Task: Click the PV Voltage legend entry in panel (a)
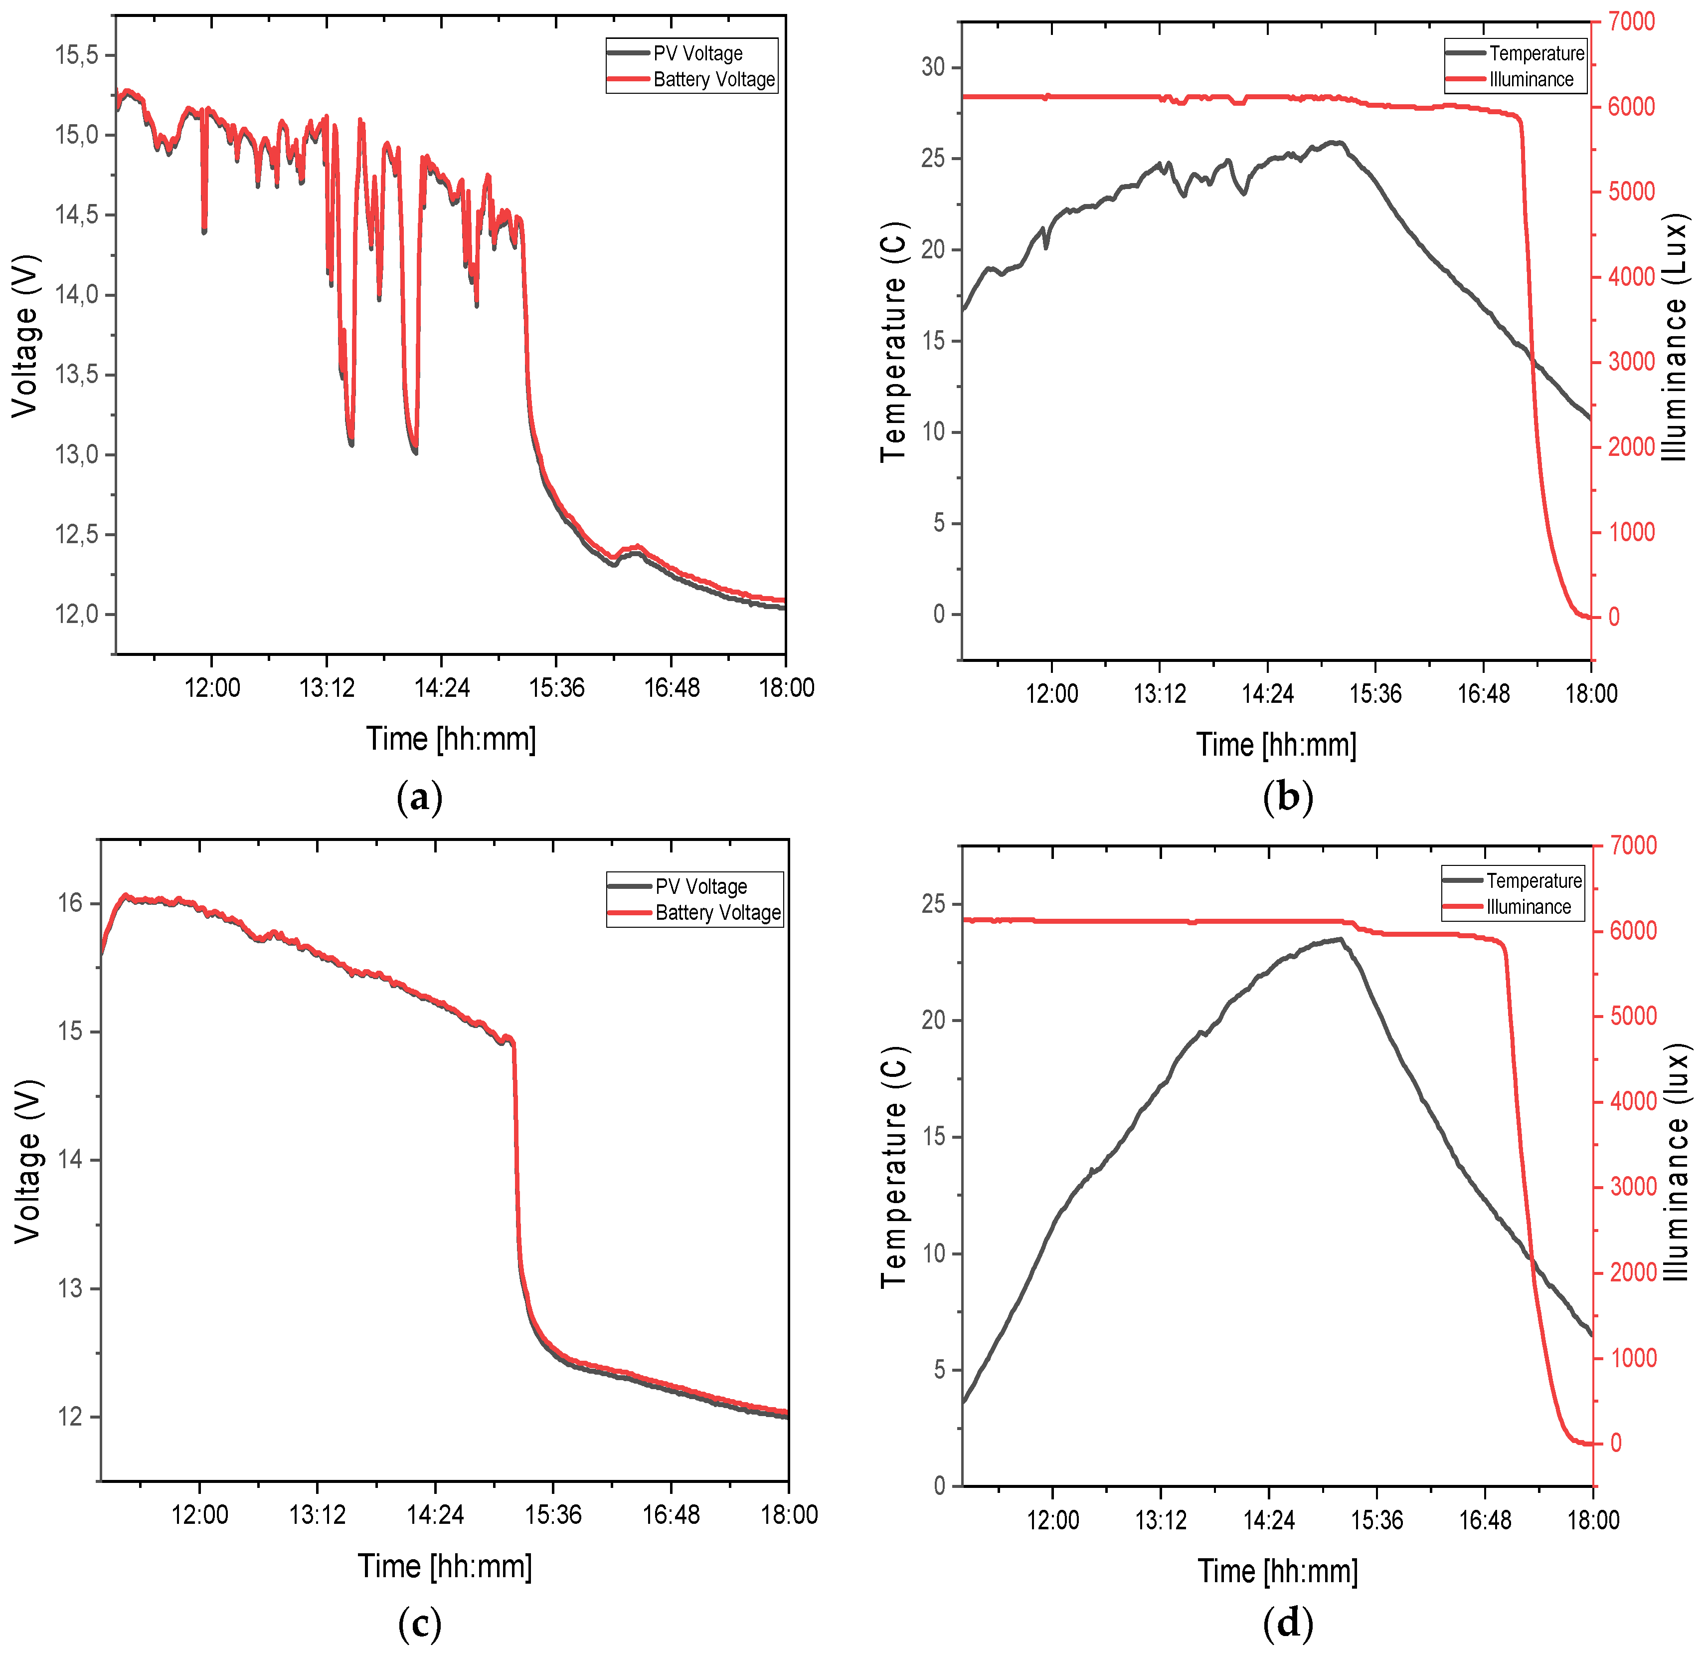point(696,53)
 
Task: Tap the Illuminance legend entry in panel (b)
point(1530,79)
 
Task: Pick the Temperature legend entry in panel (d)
point(1533,880)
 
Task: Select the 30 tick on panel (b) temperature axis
point(933,67)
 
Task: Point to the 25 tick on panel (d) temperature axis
point(934,904)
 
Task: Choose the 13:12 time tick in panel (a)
point(327,688)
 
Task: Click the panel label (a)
point(420,797)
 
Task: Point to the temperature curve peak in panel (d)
point(1341,939)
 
